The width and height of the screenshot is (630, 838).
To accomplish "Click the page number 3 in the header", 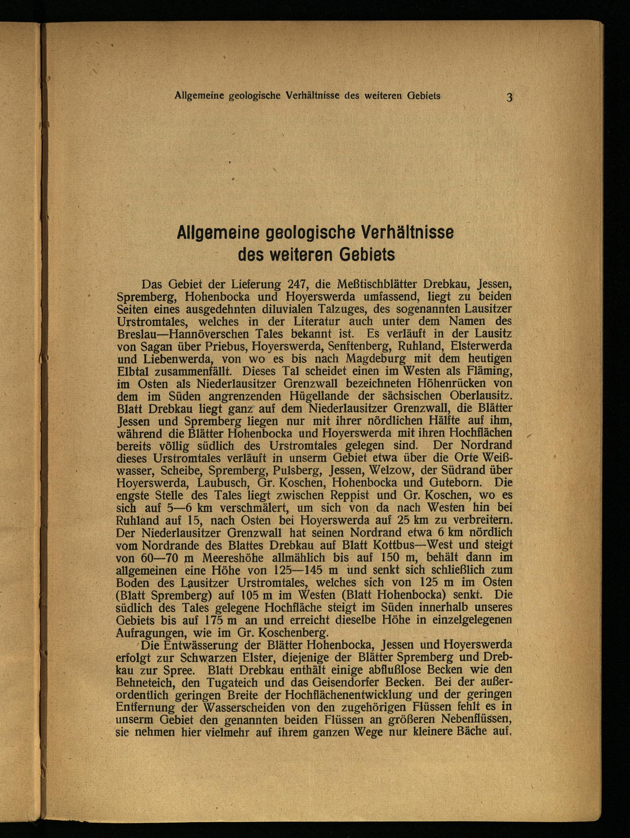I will click(x=509, y=97).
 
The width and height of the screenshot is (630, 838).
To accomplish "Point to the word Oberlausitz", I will click(x=481, y=396).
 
